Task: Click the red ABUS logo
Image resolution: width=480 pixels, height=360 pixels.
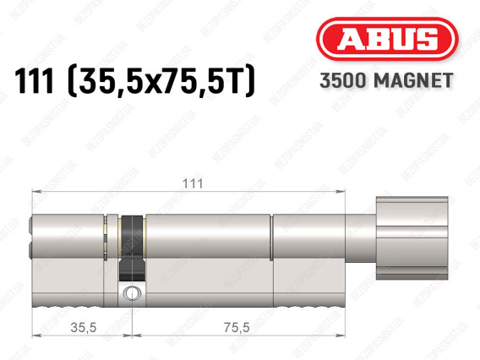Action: click(387, 39)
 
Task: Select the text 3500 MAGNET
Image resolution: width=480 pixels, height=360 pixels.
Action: click(386, 81)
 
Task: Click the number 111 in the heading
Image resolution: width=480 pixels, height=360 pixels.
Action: click(35, 81)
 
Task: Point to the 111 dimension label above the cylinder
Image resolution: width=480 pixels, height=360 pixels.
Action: click(193, 183)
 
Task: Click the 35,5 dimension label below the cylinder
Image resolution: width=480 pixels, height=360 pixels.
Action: click(84, 328)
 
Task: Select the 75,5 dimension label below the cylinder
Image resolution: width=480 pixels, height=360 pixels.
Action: click(237, 328)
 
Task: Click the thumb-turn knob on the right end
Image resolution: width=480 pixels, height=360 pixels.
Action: click(412, 237)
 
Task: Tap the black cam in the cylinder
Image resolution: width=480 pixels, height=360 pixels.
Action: click(132, 248)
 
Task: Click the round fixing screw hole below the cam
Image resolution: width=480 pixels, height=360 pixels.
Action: click(131, 293)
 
